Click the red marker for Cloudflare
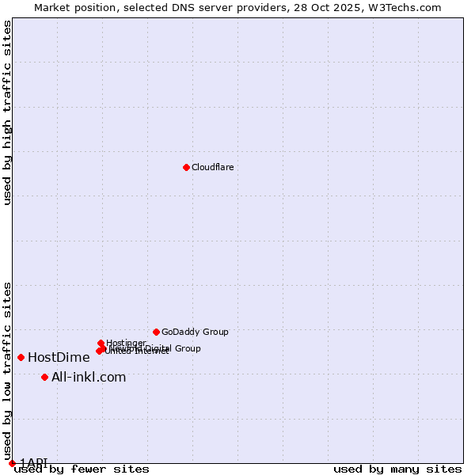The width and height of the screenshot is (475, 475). pyautogui.click(x=186, y=167)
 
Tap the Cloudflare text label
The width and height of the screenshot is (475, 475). pyautogui.click(x=212, y=167)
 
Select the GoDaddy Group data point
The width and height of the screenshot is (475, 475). pyautogui.click(x=156, y=332)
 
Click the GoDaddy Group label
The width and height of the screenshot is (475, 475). pyautogui.click(x=195, y=332)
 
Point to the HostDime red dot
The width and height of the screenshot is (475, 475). pyautogui.click(x=21, y=357)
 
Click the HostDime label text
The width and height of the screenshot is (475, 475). pyautogui.click(x=59, y=357)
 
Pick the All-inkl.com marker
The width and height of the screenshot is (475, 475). pyautogui.click(x=44, y=377)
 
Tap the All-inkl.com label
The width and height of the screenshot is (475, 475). pyautogui.click(x=89, y=377)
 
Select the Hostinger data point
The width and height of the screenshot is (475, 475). pyautogui.click(x=101, y=343)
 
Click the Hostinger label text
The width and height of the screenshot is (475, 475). pyautogui.click(x=126, y=343)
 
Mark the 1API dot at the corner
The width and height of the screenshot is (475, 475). pyautogui.click(x=12, y=463)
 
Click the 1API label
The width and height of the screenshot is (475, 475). pyautogui.click(x=33, y=462)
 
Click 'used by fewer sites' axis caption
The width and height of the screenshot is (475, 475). pyautogui.click(x=82, y=469)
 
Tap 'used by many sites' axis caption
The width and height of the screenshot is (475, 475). pyautogui.click(x=397, y=469)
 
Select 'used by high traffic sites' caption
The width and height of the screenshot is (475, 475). pyautogui.click(x=8, y=112)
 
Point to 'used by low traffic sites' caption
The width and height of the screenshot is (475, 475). pyautogui.click(x=8, y=370)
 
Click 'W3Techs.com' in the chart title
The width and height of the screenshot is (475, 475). pyautogui.click(x=408, y=7)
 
